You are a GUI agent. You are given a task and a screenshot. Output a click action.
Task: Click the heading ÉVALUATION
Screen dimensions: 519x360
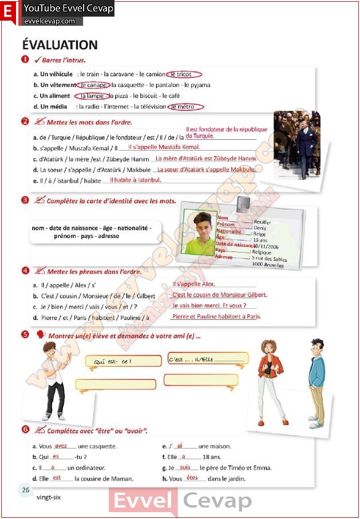60,45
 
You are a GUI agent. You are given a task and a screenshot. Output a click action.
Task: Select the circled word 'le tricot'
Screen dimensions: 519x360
184,74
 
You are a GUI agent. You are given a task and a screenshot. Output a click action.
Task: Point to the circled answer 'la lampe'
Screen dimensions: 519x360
92,96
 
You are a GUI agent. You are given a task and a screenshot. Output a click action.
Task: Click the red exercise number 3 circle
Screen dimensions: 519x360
25,200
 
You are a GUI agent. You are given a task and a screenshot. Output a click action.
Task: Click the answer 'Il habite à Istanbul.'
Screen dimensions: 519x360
136,180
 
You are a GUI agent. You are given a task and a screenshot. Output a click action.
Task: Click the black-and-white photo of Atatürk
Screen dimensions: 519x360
296,146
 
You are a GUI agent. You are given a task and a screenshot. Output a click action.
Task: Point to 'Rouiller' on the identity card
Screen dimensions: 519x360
263,222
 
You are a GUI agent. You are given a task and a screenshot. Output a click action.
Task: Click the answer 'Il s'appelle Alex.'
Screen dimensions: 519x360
193,284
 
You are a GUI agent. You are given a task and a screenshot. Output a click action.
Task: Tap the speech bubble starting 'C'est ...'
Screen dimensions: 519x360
208,359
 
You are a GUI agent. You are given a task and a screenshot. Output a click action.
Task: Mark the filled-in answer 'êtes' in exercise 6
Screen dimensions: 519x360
192,478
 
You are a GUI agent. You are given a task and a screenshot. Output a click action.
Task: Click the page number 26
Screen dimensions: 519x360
26,490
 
